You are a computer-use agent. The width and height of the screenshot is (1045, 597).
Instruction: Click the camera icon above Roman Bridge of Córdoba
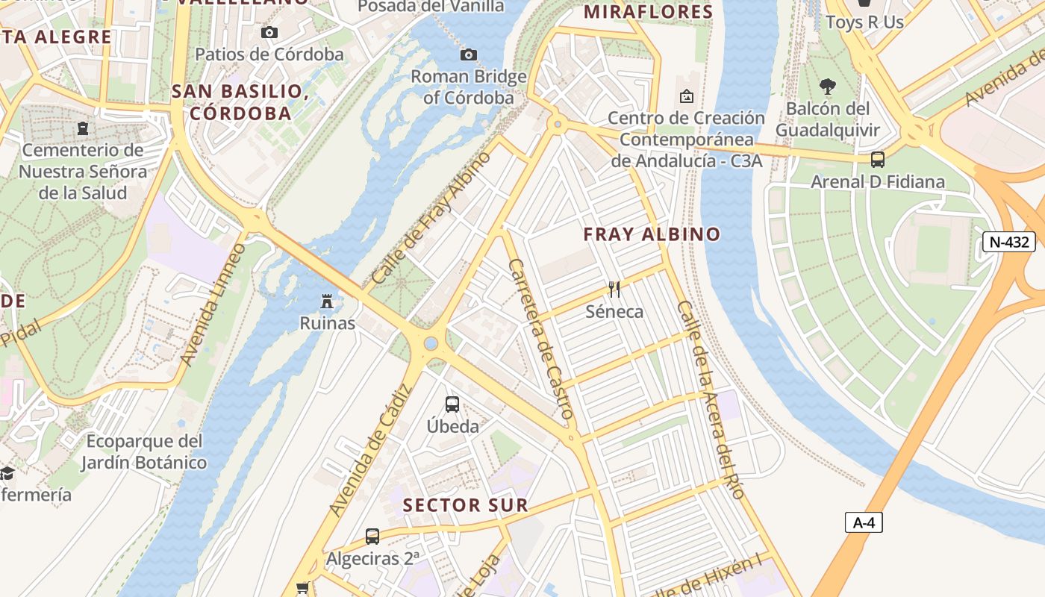click(x=469, y=54)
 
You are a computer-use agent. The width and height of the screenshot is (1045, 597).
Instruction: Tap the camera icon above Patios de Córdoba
click(x=269, y=32)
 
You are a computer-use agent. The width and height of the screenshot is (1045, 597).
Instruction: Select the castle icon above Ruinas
click(x=327, y=301)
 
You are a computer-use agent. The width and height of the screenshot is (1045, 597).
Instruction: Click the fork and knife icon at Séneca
click(x=614, y=289)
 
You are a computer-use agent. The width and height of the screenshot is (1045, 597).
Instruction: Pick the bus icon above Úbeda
click(x=452, y=404)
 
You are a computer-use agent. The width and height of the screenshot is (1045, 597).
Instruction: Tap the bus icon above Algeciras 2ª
click(x=372, y=536)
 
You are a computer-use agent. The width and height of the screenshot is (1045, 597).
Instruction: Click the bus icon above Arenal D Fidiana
click(x=878, y=159)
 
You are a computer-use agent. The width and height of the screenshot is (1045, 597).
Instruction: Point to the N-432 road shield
click(x=1008, y=242)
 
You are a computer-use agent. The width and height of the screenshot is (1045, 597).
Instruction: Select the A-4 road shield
click(x=864, y=522)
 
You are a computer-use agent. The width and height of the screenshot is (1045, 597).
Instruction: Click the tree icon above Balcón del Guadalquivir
click(x=827, y=86)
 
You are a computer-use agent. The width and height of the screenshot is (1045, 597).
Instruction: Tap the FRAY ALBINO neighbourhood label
click(x=652, y=234)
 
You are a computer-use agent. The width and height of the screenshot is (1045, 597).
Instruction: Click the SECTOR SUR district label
click(x=466, y=505)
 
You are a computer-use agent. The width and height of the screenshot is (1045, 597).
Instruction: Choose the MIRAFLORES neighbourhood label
click(x=649, y=12)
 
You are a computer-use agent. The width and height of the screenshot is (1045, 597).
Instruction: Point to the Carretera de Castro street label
click(x=540, y=337)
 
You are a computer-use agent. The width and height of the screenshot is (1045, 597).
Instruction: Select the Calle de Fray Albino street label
click(x=431, y=217)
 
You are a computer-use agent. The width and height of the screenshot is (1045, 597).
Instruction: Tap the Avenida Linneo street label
click(x=213, y=304)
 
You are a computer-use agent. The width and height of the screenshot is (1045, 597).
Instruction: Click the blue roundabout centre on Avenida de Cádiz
click(x=431, y=343)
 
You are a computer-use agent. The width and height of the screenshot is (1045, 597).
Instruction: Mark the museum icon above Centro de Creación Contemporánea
click(x=686, y=96)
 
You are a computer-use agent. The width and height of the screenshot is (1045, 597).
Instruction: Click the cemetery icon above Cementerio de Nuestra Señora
click(x=82, y=128)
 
